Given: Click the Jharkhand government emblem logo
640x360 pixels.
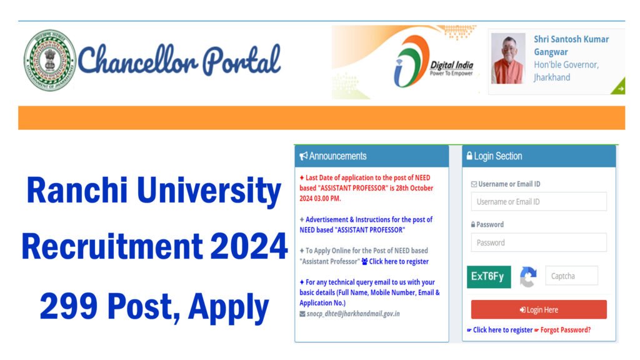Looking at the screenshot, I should click(49, 61).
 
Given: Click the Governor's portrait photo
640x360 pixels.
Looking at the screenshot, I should click(508, 59).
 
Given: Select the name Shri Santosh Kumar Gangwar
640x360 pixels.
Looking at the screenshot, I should click(571, 45).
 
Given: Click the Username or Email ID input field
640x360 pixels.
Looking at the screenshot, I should click(538, 202).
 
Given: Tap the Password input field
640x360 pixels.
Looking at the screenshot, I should click(538, 242).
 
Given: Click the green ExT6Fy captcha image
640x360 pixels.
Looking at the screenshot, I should click(489, 276).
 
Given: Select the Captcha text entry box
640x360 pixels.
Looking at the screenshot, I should click(571, 276).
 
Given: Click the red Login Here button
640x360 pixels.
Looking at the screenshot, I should click(538, 310).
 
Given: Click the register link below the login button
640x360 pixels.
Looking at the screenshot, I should click(502, 330).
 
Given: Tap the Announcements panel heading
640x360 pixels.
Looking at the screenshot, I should click(371, 156).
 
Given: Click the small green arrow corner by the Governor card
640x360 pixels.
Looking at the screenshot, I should click(618, 88).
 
